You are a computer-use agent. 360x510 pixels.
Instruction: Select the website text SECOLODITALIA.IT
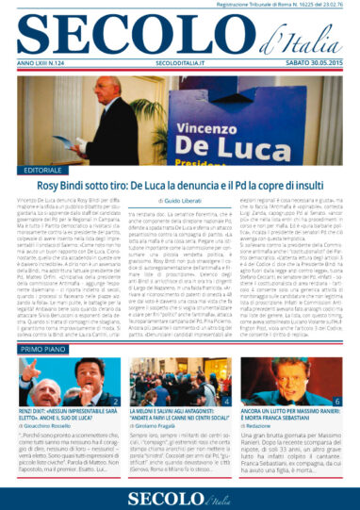[176, 64]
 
